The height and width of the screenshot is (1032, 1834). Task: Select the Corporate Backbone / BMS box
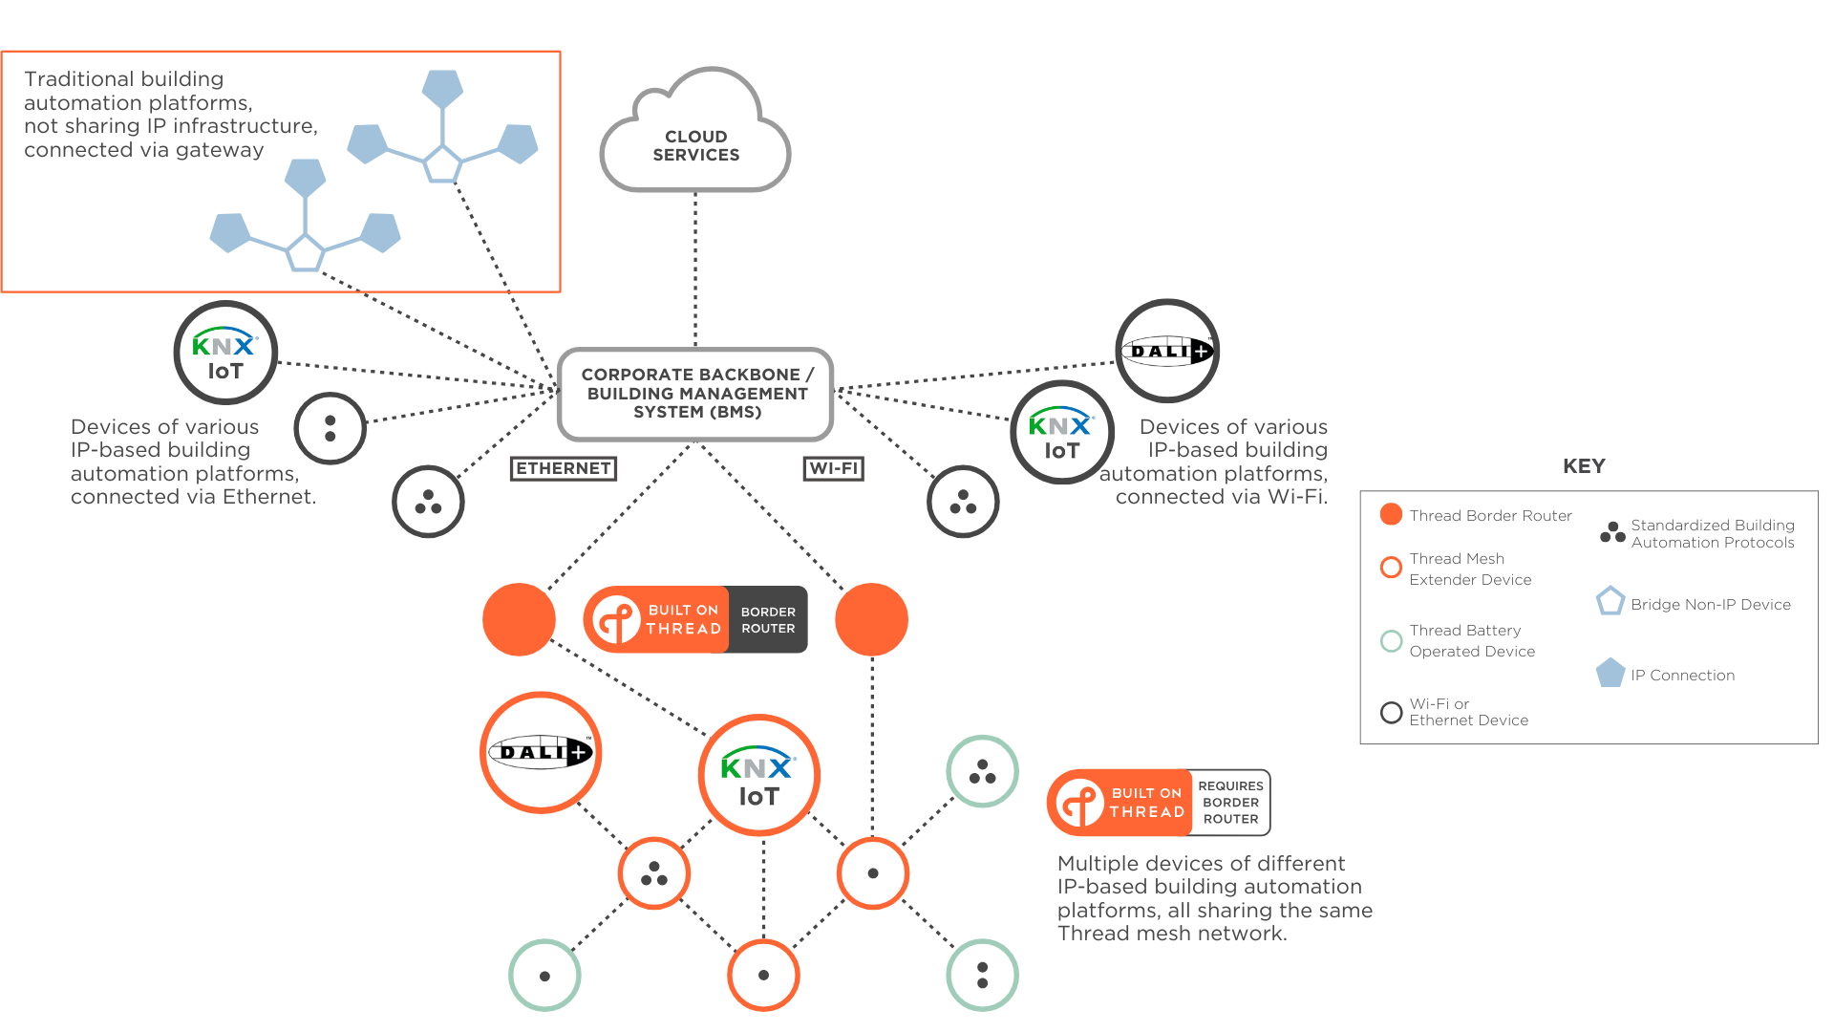coord(695,394)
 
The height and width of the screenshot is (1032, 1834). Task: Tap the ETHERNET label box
coord(564,468)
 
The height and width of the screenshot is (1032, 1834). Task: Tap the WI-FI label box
coord(834,468)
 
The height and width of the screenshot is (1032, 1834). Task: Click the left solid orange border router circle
coord(519,619)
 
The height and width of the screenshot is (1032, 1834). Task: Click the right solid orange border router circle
coord(871,619)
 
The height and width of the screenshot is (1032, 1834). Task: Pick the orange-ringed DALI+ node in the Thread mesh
coord(541,753)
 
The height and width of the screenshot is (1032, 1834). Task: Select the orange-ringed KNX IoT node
coord(759,775)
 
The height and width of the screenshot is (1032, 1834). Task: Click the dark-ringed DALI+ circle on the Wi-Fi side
coord(1167,351)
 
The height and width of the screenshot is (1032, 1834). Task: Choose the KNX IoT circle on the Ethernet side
coord(225,354)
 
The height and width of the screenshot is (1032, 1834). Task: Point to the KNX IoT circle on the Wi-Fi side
coord(1061,433)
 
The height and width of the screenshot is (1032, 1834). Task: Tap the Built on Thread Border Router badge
coord(695,619)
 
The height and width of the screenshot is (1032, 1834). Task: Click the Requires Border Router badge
coord(1159,803)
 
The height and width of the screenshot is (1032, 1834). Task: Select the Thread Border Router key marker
coord(1392,514)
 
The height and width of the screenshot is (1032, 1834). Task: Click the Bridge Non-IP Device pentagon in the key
coord(1610,601)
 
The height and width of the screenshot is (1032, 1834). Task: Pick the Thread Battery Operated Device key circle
coord(1392,640)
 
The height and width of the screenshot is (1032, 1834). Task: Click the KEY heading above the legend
coord(1584,466)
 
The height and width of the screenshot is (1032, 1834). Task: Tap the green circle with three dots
coord(982,771)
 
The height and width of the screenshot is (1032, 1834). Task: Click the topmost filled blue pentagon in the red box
coord(442,88)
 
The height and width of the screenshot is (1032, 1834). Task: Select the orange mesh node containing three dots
coord(654,873)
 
